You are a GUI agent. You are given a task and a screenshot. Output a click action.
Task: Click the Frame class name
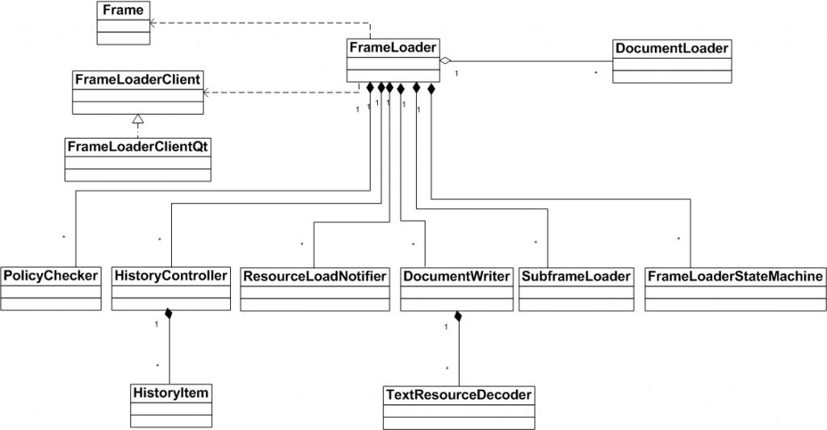[124, 10]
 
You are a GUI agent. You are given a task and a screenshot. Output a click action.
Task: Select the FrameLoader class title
[393, 48]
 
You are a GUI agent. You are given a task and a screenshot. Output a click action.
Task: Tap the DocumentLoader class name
[672, 48]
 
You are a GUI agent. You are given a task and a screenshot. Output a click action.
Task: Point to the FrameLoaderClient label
[137, 79]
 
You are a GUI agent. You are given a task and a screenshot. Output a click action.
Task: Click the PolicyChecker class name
[50, 276]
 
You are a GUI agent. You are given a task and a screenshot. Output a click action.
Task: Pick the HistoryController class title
[170, 276]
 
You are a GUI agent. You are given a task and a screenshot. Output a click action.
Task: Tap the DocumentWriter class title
[456, 276]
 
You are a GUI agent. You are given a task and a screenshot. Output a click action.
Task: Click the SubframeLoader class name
[576, 276]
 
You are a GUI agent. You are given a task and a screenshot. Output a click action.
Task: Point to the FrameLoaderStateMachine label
[735, 276]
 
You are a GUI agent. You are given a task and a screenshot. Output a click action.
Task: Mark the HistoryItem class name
[170, 393]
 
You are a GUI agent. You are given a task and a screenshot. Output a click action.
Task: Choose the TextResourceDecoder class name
[459, 395]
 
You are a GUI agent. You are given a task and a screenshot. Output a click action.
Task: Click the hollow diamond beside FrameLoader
[445, 61]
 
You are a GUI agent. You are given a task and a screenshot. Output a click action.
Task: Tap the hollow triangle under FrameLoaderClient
[138, 119]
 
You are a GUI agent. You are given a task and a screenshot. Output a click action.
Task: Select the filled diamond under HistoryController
[169, 313]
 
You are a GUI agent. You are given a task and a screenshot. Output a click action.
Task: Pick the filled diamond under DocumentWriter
[458, 315]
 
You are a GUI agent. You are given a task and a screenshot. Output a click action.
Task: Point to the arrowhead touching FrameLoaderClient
[207, 93]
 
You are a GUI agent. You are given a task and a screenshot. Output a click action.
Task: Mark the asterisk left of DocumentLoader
[596, 73]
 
